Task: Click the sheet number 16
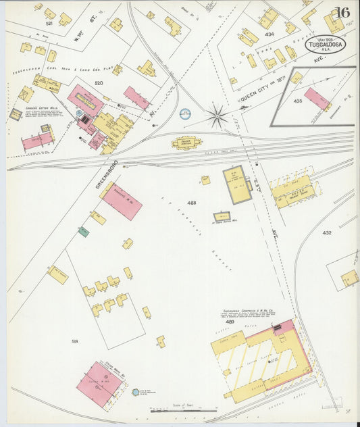pos(342,13)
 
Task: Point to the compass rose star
pos(217,116)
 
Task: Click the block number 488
pos(192,203)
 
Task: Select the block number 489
pos(230,322)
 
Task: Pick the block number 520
pos(99,82)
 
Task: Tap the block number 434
pos(269,34)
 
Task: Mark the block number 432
pos(327,232)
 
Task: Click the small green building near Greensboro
pos(83,232)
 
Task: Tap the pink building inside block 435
pos(317,99)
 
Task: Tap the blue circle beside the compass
pos(185,114)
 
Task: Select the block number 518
pos(75,341)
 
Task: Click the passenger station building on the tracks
pos(187,143)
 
